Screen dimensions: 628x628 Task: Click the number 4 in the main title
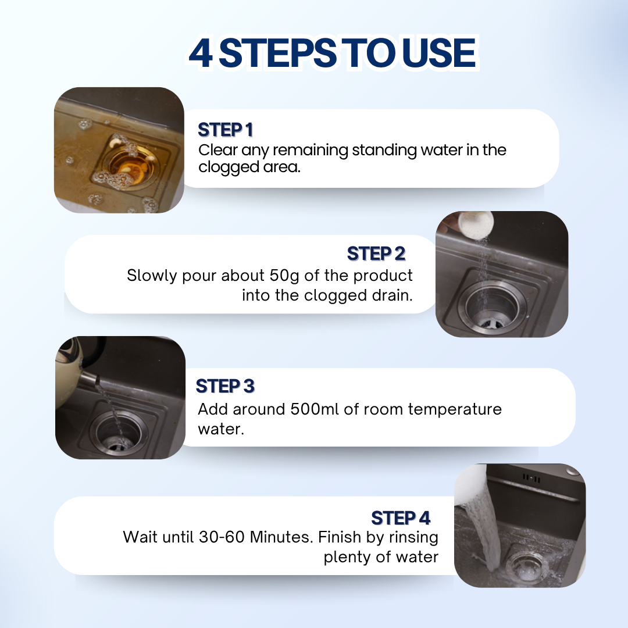pos(201,53)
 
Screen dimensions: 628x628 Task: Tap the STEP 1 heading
pos(226,130)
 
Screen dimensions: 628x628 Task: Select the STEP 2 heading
pos(376,254)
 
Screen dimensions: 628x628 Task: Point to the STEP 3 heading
pos(225,386)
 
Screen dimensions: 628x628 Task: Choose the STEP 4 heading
pos(401,518)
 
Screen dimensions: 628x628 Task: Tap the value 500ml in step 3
pos(315,409)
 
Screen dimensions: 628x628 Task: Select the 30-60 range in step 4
pos(222,537)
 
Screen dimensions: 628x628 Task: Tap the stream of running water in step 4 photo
pos(483,520)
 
